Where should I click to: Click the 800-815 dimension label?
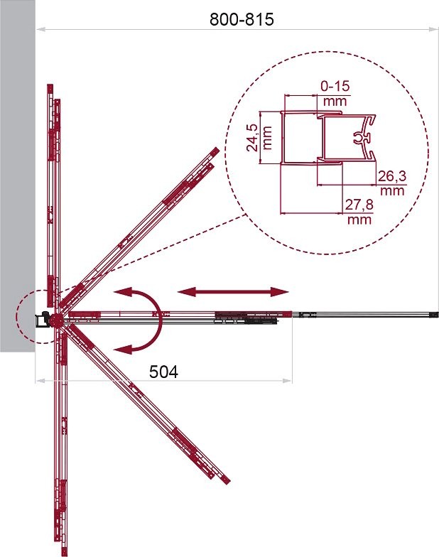click(242, 19)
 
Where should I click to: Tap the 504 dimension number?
click(163, 372)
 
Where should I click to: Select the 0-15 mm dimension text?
click(335, 94)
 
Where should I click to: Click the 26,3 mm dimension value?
click(392, 183)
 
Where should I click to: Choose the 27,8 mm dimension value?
click(359, 212)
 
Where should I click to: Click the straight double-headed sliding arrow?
click(233, 292)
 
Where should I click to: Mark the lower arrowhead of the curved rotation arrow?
click(123, 349)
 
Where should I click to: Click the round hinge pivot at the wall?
click(55, 320)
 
